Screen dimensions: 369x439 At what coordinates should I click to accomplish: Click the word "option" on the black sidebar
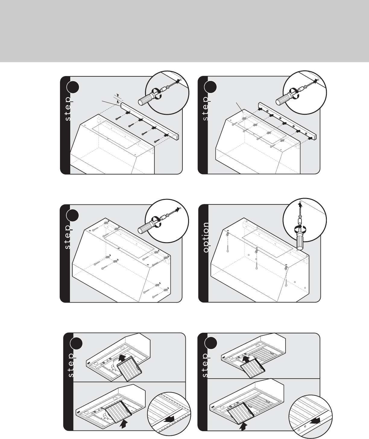(x=206, y=237)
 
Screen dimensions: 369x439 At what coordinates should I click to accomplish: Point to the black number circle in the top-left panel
(x=73, y=88)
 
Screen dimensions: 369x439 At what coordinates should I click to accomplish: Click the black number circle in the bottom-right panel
(x=210, y=343)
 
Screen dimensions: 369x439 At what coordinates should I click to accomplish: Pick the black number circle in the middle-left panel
(x=73, y=216)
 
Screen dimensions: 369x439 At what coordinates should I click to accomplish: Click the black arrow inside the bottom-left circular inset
(x=170, y=420)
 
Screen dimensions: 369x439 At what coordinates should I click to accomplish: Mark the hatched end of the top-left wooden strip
(x=177, y=138)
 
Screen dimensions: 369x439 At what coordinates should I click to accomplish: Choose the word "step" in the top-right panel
(x=206, y=108)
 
